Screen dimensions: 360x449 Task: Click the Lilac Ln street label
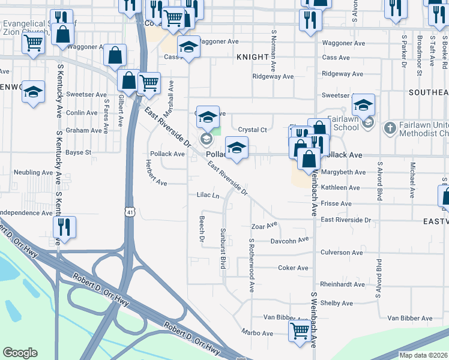[x=208, y=195]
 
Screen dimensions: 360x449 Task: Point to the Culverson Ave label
[x=342, y=253]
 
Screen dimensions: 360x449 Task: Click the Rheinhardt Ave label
[x=342, y=284]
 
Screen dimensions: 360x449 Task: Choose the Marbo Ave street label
[x=257, y=333]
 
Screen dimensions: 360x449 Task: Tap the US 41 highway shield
[x=130, y=212]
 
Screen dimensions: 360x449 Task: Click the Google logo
[x=20, y=352]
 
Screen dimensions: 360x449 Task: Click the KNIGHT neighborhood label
[x=252, y=57]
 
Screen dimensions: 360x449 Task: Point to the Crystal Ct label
[x=252, y=129]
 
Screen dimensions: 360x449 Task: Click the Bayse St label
[x=78, y=152]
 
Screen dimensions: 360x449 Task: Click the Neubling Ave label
[x=33, y=172]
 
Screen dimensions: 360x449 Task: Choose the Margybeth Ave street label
[x=343, y=172]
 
